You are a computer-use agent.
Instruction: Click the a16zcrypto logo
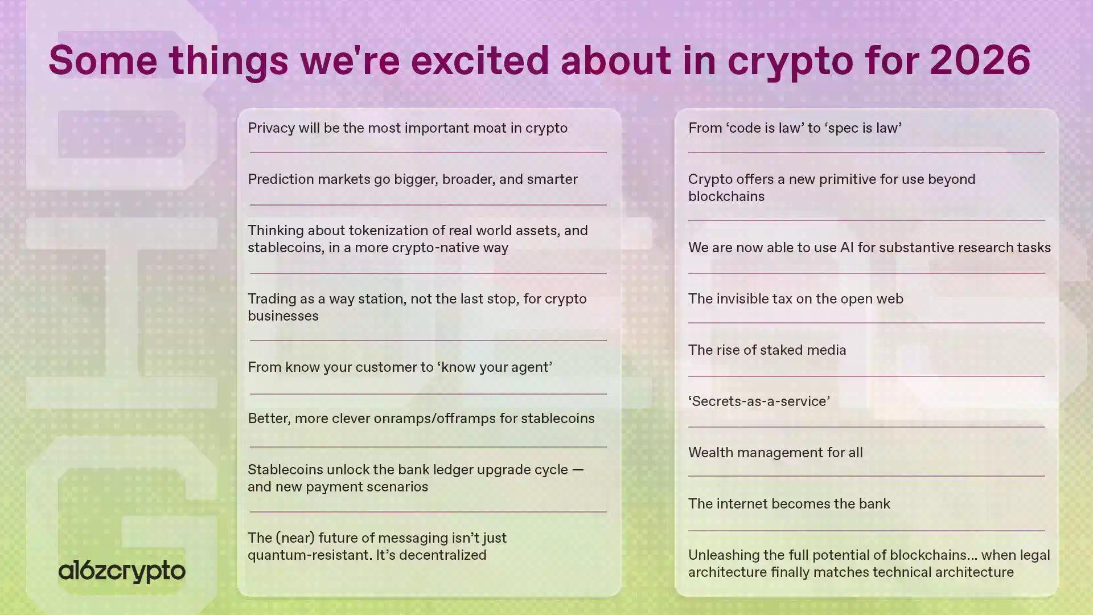coord(122,571)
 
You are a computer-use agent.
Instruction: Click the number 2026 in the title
coord(980,60)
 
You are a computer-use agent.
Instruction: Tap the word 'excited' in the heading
coord(480,60)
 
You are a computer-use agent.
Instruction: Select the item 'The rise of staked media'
coord(767,350)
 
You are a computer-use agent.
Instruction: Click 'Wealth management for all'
coord(775,452)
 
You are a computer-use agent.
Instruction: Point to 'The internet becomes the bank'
coord(789,503)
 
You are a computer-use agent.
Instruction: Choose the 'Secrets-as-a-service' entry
coord(759,401)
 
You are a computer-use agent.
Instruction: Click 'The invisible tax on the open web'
coord(795,299)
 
